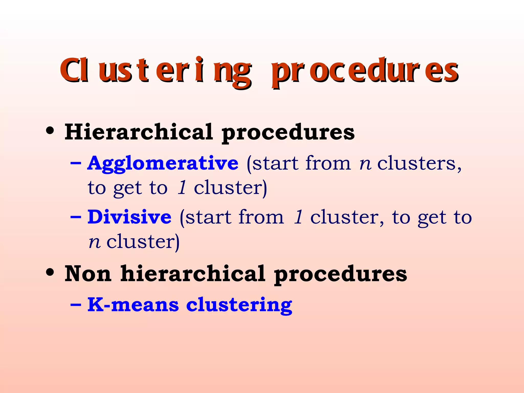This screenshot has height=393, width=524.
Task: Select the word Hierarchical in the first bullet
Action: [138, 132]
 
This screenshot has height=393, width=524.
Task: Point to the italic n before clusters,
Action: [365, 164]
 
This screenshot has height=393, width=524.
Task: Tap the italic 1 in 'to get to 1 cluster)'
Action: [182, 188]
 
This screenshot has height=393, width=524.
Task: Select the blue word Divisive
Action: [129, 217]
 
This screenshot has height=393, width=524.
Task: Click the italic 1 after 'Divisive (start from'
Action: [298, 217]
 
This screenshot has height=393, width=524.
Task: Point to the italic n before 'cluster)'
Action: [94, 242]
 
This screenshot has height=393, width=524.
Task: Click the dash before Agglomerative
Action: [76, 163]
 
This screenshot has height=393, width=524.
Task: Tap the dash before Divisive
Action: [76, 217]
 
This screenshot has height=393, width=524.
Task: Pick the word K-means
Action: [133, 305]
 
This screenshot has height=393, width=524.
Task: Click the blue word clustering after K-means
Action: [239, 305]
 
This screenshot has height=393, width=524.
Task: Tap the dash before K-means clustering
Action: [76, 304]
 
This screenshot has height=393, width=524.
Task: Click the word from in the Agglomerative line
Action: [328, 163]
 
